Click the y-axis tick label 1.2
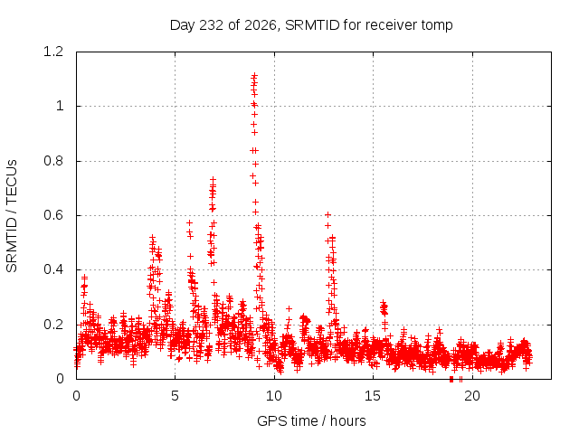pos(53,52)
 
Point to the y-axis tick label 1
pos(60,107)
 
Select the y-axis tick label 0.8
pos(53,161)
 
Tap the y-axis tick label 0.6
pos(53,215)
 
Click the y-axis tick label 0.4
pos(53,269)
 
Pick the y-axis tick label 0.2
pos(53,325)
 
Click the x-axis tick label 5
pos(175,396)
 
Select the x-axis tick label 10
pos(274,396)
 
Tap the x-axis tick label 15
pos(373,396)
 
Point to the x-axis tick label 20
pos(472,396)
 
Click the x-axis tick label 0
pos(76,396)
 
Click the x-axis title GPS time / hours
pos(311,420)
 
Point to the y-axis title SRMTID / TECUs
pos(12,216)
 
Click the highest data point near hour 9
pos(254,76)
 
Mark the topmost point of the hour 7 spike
pos(213,179)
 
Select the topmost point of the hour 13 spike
pos(327,214)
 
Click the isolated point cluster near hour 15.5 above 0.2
pos(384,308)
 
